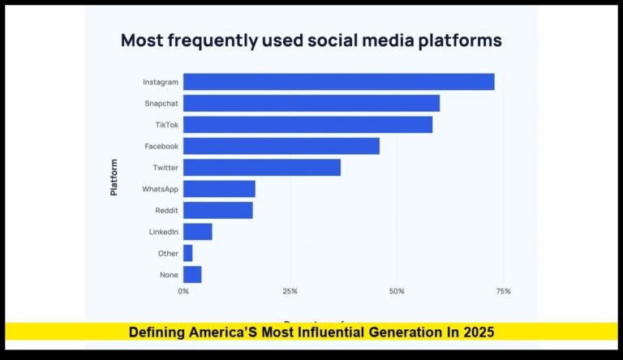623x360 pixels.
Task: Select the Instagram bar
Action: (338, 82)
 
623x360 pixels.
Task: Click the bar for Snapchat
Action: (311, 103)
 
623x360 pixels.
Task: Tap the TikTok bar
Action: (307, 125)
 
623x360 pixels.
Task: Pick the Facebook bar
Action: (281, 146)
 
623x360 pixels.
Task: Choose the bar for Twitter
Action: (262, 168)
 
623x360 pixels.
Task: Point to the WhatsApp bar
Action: (219, 189)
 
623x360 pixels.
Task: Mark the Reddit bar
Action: (218, 210)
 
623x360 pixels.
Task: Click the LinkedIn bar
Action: (198, 232)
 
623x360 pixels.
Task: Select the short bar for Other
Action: (188, 253)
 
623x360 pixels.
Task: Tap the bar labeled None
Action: (192, 274)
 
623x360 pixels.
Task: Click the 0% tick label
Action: (183, 291)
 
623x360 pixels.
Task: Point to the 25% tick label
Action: (290, 291)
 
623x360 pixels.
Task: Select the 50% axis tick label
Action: (397, 291)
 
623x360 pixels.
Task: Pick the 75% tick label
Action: (503, 291)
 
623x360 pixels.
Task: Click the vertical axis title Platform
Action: (114, 178)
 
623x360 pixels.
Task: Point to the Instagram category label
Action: (160, 82)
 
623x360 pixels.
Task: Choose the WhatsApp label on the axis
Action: (160, 189)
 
